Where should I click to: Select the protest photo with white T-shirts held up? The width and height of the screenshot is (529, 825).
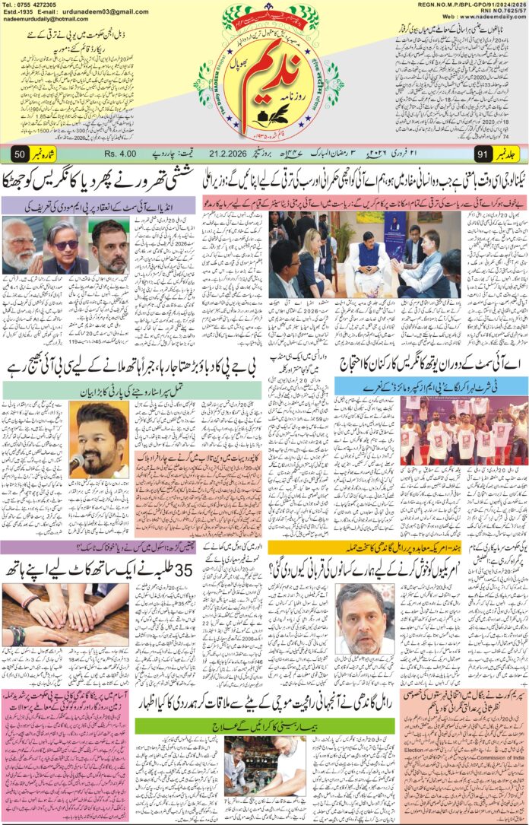coord(464,430)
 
